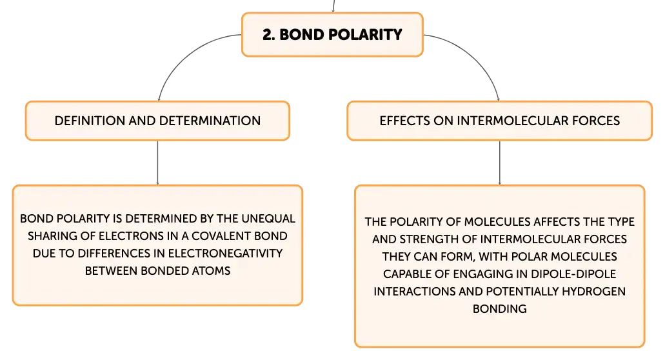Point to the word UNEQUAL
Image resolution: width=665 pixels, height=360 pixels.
coord(268,218)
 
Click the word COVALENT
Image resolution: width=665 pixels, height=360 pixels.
coord(221,235)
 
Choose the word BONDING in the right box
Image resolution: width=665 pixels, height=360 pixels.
coord(500,308)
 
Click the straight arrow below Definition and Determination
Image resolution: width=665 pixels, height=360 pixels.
coord(158,163)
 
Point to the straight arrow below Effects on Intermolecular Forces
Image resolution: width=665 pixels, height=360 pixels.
coord(500,163)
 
